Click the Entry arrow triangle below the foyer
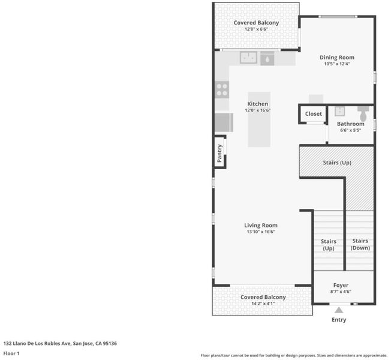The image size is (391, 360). tap(339, 310)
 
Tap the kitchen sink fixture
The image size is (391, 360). tap(248, 58)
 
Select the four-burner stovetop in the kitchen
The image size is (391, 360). tap(222, 89)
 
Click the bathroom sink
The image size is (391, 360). tap(339, 111)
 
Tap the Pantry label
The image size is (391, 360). tap(219, 153)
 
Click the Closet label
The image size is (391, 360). tap(314, 114)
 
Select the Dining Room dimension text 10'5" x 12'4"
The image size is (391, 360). tap(337, 64)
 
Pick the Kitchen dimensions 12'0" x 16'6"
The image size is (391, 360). tap(258, 110)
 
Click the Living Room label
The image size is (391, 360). tap(261, 225)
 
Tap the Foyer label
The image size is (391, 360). tap(341, 285)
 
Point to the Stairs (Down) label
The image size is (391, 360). tap(360, 244)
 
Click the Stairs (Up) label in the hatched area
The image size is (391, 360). tap(337, 163)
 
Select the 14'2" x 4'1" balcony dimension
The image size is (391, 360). tap(263, 304)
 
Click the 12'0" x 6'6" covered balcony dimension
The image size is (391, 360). tap(256, 29)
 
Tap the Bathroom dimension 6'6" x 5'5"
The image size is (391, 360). tap(351, 130)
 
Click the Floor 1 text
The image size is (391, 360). tap(11, 353)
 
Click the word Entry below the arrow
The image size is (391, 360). tap(339, 320)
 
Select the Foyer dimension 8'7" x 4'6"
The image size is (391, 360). tap(341, 292)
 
